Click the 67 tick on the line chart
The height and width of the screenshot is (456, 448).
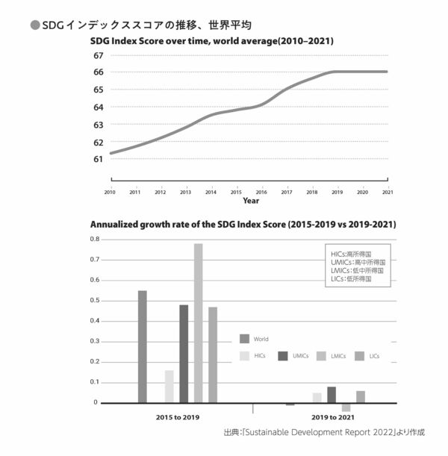[99, 55]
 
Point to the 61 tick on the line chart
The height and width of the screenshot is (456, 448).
[99, 159]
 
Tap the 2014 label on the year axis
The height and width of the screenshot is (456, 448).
[211, 192]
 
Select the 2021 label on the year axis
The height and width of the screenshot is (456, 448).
[388, 192]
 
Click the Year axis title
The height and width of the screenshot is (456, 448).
[251, 201]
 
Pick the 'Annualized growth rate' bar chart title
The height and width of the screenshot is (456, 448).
[243, 224]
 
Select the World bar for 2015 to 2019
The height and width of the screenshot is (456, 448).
[142, 346]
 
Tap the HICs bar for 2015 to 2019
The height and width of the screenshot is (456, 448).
[169, 386]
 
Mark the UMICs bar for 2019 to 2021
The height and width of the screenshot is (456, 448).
[332, 394]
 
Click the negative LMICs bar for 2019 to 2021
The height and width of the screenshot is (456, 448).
[346, 407]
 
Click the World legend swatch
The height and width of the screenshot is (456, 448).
[245, 338]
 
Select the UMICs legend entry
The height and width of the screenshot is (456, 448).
[293, 356]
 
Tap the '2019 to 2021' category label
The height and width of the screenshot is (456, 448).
[333, 416]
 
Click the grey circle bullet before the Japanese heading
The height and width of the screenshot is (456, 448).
[34, 25]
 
